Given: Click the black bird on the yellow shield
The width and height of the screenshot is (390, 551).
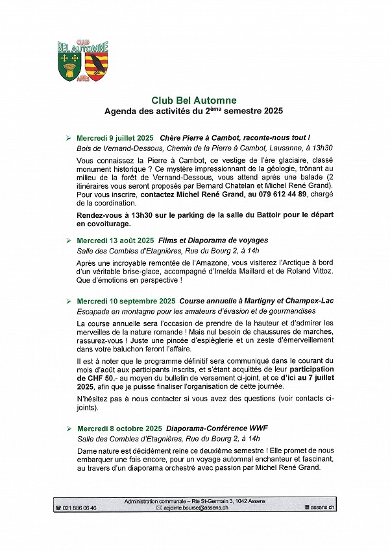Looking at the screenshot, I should [98, 63].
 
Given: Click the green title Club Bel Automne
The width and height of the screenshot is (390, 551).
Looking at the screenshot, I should [194, 100].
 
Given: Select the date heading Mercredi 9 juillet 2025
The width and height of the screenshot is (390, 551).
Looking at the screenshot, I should [114, 138].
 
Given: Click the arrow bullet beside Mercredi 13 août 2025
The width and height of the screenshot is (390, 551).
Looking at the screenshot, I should [69, 240].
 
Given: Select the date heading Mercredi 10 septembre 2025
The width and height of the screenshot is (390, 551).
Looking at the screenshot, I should [126, 301].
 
